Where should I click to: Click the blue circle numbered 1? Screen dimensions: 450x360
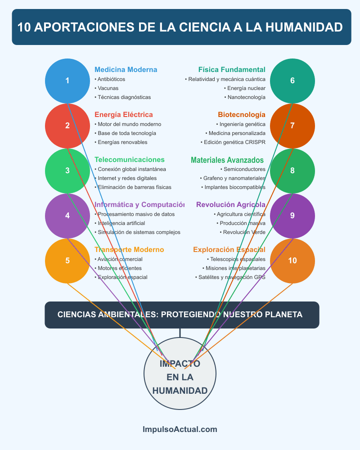(67, 81)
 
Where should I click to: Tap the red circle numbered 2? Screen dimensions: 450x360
(67, 126)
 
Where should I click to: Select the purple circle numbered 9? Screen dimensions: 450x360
(292, 216)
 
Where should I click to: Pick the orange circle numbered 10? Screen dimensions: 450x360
(292, 261)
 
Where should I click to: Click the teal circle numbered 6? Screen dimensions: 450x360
(292, 81)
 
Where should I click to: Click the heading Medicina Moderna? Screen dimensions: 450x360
(126, 70)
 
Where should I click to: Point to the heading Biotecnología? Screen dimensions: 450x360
(242, 115)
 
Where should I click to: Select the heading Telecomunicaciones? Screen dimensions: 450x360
(130, 160)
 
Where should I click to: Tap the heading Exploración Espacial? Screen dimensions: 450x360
(229, 250)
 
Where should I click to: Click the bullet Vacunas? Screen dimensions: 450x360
(108, 88)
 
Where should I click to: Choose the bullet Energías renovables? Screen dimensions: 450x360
(122, 142)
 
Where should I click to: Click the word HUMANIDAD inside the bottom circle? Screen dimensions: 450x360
(180, 391)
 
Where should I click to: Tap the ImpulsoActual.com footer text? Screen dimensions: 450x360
(180, 429)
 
